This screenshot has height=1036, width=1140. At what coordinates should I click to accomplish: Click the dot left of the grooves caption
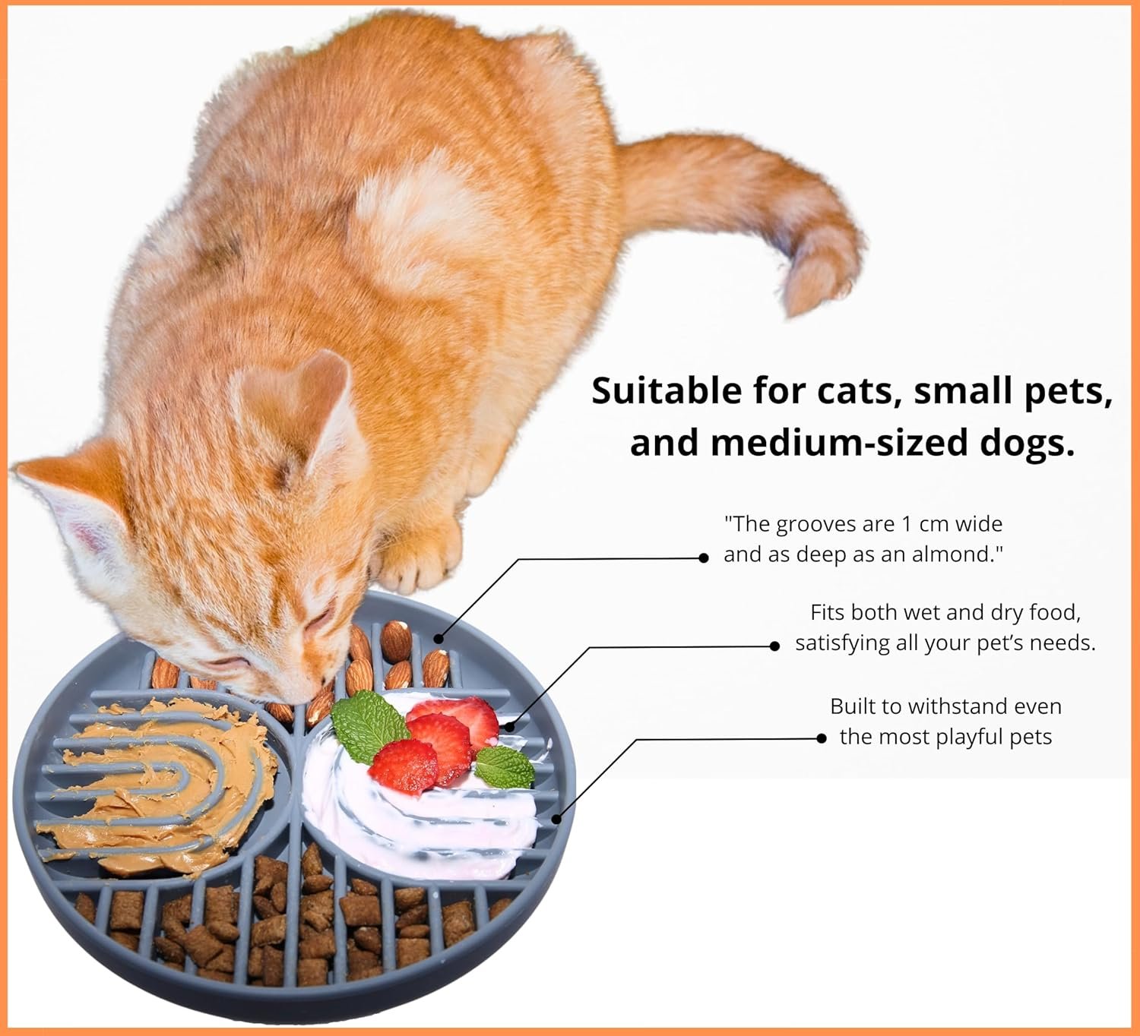click(x=704, y=557)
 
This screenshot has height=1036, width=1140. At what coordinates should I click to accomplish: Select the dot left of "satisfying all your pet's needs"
click(x=774, y=646)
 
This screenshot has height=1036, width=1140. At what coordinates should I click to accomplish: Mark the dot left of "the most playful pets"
click(x=822, y=738)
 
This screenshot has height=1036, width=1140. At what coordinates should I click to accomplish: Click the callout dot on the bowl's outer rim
click(x=557, y=819)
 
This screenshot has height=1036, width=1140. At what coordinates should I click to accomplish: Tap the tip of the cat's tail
click(x=793, y=311)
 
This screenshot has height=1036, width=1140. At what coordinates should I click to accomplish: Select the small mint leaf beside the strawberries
click(x=505, y=767)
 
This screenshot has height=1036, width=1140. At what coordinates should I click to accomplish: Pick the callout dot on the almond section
click(x=439, y=639)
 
